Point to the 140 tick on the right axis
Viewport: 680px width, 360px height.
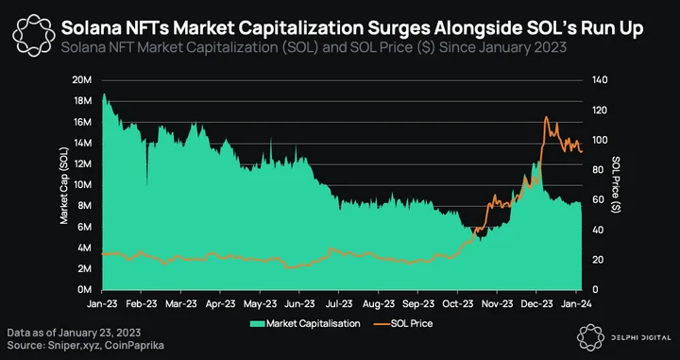(x=602, y=80)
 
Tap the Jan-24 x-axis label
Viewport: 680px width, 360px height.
(x=575, y=303)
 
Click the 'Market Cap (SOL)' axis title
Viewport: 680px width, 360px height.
(x=64, y=185)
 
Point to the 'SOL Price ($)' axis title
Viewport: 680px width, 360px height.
(x=616, y=185)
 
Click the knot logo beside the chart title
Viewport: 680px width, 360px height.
(x=34, y=35)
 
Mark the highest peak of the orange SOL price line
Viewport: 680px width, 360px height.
(x=546, y=116)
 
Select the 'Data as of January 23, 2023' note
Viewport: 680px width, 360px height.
(x=74, y=333)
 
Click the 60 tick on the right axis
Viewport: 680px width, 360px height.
(x=600, y=200)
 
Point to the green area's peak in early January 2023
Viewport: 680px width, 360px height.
(x=104, y=94)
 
